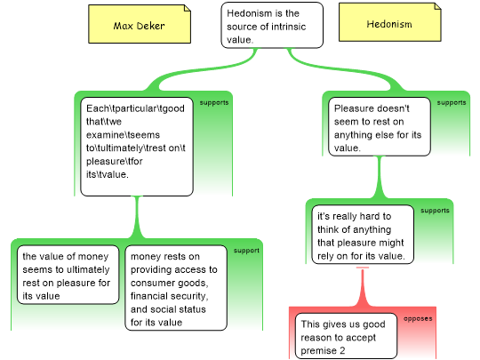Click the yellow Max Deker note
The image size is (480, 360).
140,24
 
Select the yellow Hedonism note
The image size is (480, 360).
389,22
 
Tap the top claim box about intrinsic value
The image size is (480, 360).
272,25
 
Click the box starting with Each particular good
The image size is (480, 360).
137,147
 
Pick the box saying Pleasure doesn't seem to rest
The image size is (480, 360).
380,126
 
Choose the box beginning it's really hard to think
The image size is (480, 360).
363,235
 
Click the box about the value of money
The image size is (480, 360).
68,275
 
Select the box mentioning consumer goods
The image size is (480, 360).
176,288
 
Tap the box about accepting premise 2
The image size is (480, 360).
346,336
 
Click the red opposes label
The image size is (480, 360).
418,319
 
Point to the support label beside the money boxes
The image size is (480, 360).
246,251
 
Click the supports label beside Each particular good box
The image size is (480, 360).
214,103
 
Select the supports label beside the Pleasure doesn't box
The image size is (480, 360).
452,103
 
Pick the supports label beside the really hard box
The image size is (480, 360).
435,211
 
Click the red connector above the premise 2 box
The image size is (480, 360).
363,287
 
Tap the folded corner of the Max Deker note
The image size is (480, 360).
188,8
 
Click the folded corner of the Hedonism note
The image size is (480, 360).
437,6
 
